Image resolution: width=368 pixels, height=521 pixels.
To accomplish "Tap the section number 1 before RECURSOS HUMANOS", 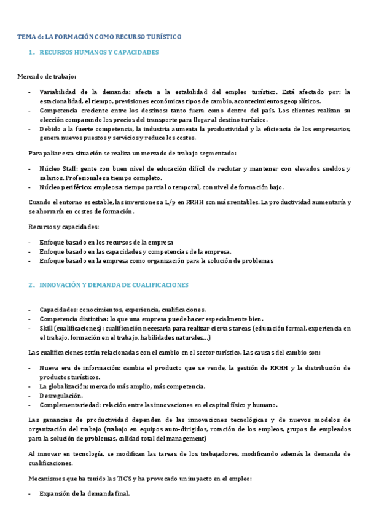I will [30, 53].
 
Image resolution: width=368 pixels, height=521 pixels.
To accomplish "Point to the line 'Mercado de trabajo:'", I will [47, 76].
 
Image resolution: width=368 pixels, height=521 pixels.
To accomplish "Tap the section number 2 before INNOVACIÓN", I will [30, 286].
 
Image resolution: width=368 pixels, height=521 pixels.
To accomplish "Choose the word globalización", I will [73, 386].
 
